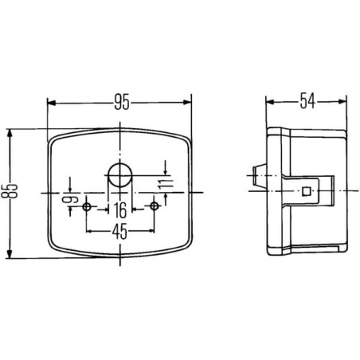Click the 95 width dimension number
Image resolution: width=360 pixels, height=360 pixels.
pos(122,102)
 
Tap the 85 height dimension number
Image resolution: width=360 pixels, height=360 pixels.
pos(13,191)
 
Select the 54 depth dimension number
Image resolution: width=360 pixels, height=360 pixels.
pos(307,101)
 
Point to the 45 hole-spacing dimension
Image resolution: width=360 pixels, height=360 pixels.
pos(120,231)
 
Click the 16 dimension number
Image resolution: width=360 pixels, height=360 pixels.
pos(120,210)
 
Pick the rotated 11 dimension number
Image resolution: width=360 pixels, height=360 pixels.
pos(166,183)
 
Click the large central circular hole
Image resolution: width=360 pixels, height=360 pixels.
pos(120,175)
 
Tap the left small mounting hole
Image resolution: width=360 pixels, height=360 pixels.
pos(87,206)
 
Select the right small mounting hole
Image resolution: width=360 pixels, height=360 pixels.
pos(154,205)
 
